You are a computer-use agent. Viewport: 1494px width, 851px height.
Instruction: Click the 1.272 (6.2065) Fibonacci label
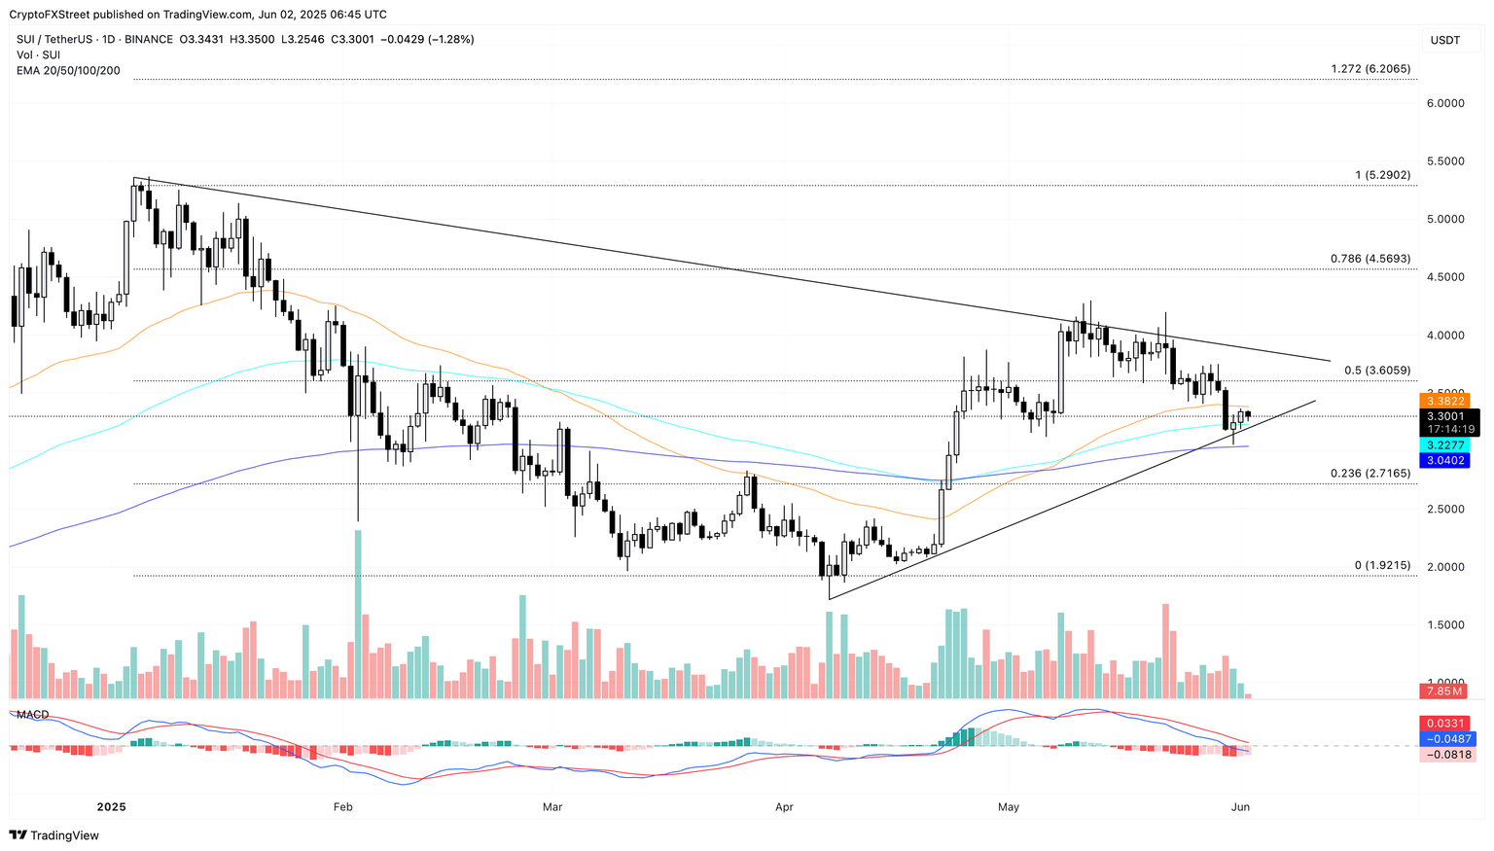pos(1369,69)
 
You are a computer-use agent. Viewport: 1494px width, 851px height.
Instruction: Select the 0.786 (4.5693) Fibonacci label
pos(1369,259)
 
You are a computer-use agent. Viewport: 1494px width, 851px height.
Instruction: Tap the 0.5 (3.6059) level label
pos(1376,371)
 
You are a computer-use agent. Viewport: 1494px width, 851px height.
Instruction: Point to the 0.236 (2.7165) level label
pos(1369,474)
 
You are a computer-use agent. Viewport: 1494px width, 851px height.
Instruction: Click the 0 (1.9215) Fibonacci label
pos(1381,565)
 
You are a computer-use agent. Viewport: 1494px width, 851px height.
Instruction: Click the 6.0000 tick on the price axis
pos(1444,103)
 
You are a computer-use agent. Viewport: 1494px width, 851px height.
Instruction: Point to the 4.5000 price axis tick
pos(1444,277)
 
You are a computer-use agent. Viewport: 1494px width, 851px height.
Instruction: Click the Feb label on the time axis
pos(341,807)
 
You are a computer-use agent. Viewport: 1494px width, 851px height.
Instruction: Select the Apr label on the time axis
pos(784,807)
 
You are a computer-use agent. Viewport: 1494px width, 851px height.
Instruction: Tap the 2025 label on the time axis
pos(112,807)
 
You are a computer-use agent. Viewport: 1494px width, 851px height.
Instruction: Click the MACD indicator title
pos(32,715)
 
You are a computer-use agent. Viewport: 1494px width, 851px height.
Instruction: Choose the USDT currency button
pos(1444,40)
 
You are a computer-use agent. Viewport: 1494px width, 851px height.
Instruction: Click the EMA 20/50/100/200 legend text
pos(68,70)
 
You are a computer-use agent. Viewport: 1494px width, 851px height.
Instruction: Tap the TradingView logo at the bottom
pos(54,835)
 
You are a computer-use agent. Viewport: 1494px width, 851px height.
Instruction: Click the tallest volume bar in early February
pos(358,614)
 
